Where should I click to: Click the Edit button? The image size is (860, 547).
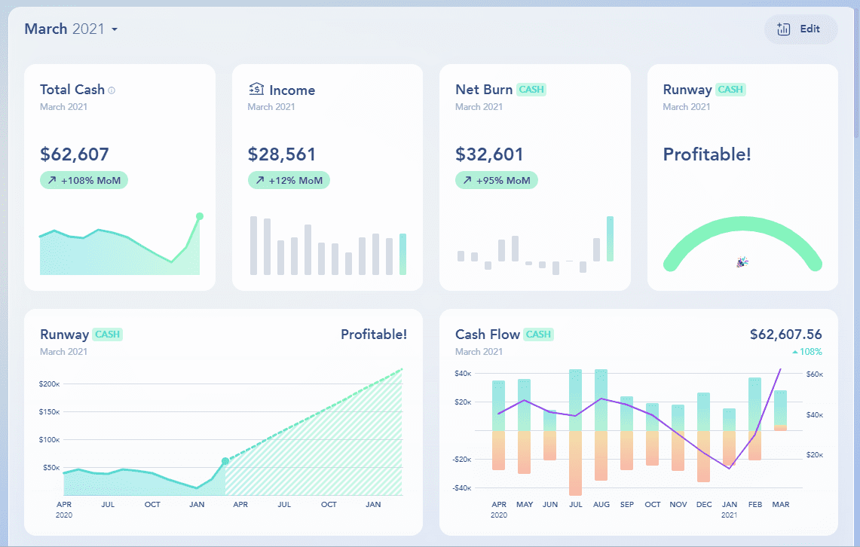pyautogui.click(x=800, y=29)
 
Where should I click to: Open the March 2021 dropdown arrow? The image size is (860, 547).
pyautogui.click(x=115, y=30)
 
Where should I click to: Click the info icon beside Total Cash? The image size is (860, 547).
pyautogui.click(x=112, y=90)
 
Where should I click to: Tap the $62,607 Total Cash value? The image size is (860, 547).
pyautogui.click(x=75, y=154)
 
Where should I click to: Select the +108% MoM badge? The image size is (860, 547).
pyautogui.click(x=84, y=181)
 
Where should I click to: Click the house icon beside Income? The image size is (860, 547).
pyautogui.click(x=256, y=90)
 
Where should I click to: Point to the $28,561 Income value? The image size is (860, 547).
pyautogui.click(x=282, y=154)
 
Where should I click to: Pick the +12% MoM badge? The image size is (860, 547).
pyautogui.click(x=289, y=181)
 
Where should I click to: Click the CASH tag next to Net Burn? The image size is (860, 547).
pyautogui.click(x=531, y=90)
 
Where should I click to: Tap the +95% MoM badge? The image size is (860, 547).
pyautogui.click(x=496, y=181)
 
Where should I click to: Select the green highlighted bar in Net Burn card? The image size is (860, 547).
pyautogui.click(x=610, y=239)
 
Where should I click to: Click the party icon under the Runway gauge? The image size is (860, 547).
pyautogui.click(x=742, y=262)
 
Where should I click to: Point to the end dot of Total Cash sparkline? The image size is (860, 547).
pyautogui.click(x=200, y=216)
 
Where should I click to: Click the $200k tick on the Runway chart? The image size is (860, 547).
pyautogui.click(x=49, y=384)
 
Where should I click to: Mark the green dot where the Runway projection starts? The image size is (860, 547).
pyautogui.click(x=225, y=461)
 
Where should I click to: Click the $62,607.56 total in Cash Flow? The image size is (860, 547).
pyautogui.click(x=785, y=335)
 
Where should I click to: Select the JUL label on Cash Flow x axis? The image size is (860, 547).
pyautogui.click(x=577, y=504)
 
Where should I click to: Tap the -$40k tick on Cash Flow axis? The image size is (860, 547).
pyautogui.click(x=463, y=488)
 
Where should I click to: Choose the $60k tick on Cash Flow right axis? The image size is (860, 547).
pyautogui.click(x=815, y=374)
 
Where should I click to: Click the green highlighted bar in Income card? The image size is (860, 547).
pyautogui.click(x=402, y=254)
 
